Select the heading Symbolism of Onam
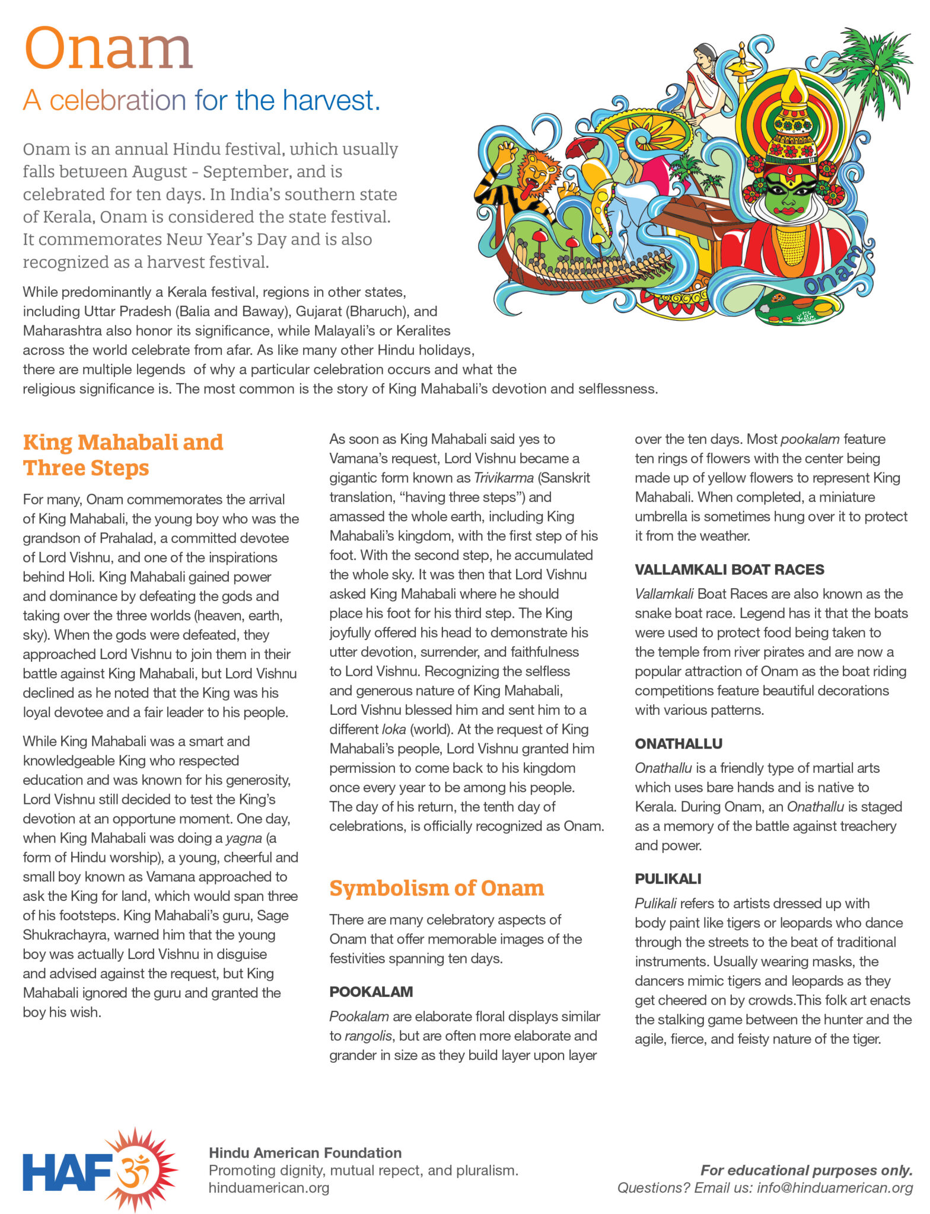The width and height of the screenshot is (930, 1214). [436, 888]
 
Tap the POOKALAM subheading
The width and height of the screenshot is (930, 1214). [371, 992]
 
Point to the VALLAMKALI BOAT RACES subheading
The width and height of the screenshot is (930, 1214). [729, 570]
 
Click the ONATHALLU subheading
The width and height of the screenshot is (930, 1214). [678, 743]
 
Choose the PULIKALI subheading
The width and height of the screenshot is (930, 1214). [667, 879]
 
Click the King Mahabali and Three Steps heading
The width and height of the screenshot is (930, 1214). [123, 455]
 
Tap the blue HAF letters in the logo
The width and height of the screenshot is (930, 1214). [67, 1171]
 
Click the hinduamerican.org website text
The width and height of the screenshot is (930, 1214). [269, 1188]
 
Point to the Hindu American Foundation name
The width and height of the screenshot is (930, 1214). [305, 1153]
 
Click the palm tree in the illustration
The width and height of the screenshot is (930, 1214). [877, 65]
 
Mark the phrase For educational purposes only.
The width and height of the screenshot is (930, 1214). [806, 1170]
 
